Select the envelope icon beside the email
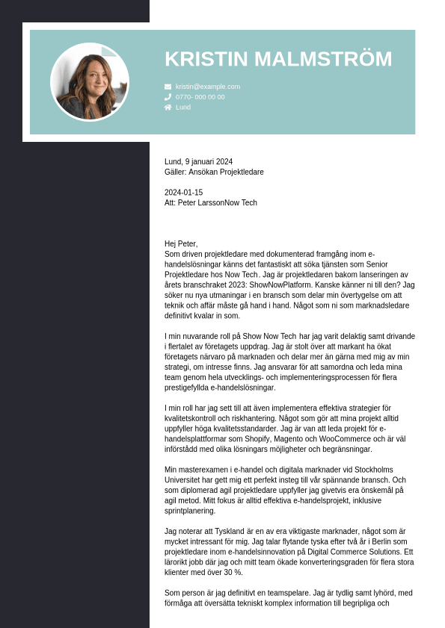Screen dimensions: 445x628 [168, 87]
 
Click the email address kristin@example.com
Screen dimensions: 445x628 [208, 87]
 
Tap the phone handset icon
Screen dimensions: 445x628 [168, 97]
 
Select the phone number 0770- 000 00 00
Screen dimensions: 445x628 [200, 97]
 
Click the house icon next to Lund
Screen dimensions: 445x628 [168, 108]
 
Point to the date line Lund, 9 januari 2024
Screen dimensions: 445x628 [198, 161]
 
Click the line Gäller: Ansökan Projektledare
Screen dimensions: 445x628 [214, 172]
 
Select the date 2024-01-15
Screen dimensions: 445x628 [183, 193]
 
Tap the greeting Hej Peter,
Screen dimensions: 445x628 [181, 244]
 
